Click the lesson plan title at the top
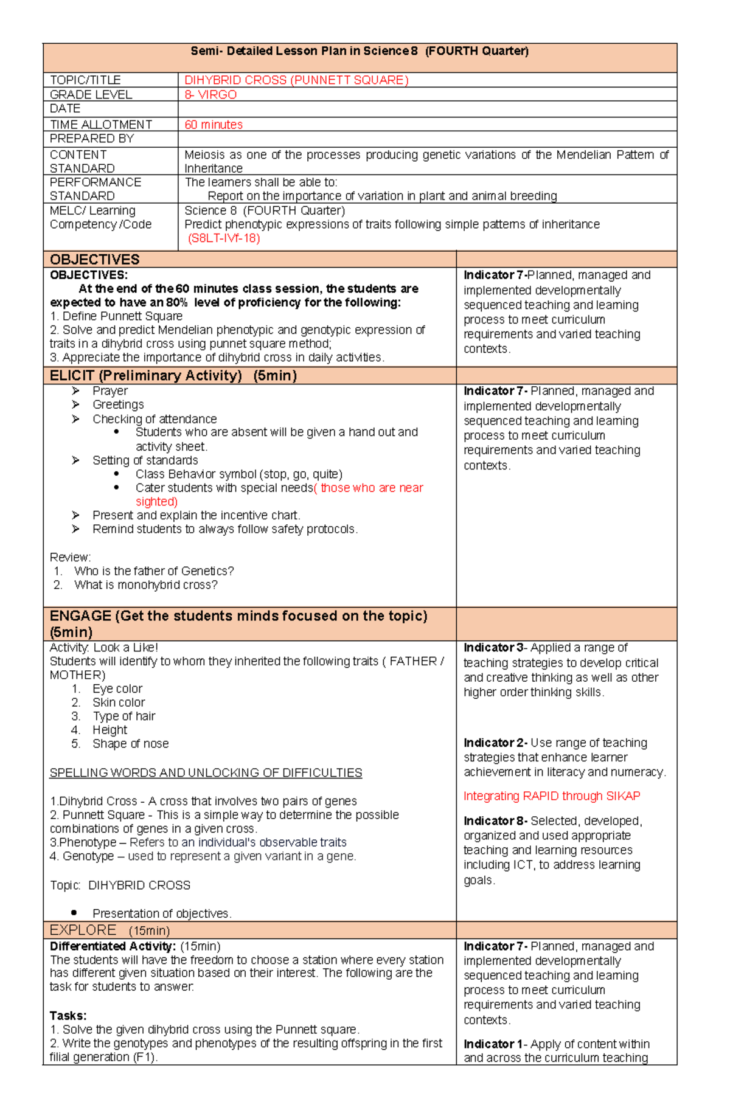[x=359, y=51]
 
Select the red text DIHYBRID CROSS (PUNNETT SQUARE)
[x=296, y=80]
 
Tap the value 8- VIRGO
[x=210, y=95]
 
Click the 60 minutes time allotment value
[x=214, y=125]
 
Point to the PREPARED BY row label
[x=91, y=139]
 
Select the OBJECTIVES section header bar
[x=95, y=259]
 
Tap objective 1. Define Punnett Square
[x=116, y=316]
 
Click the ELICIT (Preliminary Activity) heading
[x=173, y=375]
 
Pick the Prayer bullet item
[x=110, y=390]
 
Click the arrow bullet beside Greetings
[x=75, y=404]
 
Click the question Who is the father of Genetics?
[x=153, y=571]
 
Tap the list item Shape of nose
[x=130, y=744]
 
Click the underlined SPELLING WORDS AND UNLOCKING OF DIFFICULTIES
[x=206, y=773]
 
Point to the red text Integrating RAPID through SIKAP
[x=551, y=796]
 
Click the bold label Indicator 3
[x=493, y=648]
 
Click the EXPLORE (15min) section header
[x=109, y=931]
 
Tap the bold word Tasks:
[x=68, y=1016]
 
